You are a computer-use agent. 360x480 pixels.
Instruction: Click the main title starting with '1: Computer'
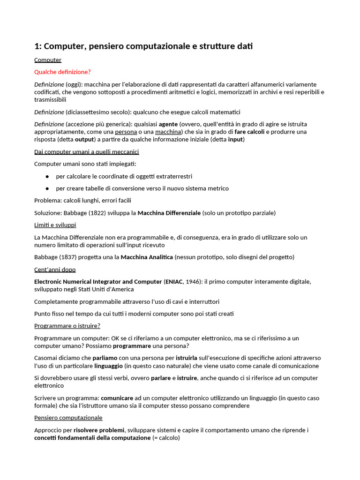[143, 46]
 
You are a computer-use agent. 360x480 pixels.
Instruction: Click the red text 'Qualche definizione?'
[62, 72]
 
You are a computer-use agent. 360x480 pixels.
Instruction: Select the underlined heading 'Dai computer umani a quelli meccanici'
[86, 152]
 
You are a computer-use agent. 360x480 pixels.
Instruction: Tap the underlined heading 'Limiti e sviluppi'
[55, 225]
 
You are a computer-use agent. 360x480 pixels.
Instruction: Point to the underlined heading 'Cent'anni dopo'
[55, 270]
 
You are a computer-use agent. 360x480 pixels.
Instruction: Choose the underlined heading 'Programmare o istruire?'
[67, 326]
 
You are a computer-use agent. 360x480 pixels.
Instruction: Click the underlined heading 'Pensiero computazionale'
[68, 418]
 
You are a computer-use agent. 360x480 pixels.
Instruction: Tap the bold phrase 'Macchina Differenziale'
[169, 213]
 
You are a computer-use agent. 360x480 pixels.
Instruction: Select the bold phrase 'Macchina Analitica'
[147, 257]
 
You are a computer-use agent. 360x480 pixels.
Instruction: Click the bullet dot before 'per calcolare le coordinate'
[47, 176]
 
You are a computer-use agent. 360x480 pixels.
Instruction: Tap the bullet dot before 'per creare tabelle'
[47, 188]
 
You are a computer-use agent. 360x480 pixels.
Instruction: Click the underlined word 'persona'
[126, 132]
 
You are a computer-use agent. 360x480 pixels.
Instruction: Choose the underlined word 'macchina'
[168, 132]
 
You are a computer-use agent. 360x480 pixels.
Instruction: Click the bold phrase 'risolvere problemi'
[99, 430]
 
